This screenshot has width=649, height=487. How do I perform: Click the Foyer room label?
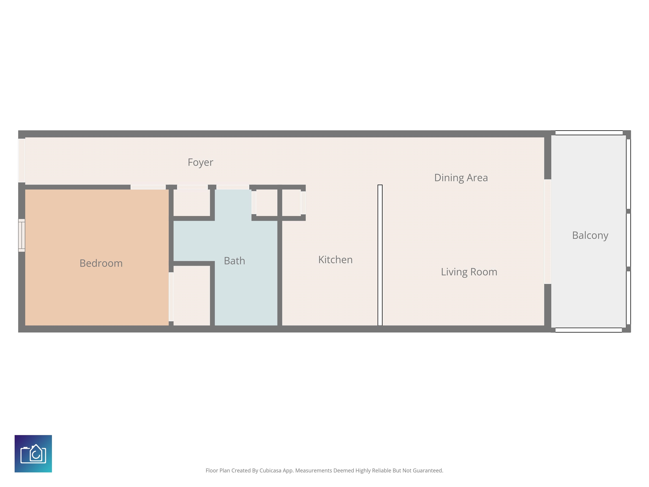(x=200, y=162)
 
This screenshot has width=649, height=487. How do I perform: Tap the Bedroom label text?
(x=101, y=263)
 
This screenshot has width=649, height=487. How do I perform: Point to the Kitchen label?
(x=335, y=260)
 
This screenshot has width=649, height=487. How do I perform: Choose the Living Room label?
(x=469, y=272)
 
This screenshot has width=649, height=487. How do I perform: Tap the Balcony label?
(x=590, y=235)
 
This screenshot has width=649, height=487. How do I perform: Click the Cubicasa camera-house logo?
(x=33, y=454)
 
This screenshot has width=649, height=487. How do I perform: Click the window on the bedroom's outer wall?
(x=22, y=235)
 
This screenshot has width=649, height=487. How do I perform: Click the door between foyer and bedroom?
(x=148, y=187)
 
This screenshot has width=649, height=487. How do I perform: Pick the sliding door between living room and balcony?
(x=547, y=232)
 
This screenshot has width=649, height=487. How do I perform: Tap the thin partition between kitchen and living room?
(x=380, y=255)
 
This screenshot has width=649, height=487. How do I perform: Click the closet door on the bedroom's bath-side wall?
(x=171, y=297)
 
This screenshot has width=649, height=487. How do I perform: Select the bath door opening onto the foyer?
(x=233, y=187)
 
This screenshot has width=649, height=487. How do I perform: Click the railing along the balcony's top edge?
(x=589, y=133)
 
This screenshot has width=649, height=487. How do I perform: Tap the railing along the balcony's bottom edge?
(x=589, y=330)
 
